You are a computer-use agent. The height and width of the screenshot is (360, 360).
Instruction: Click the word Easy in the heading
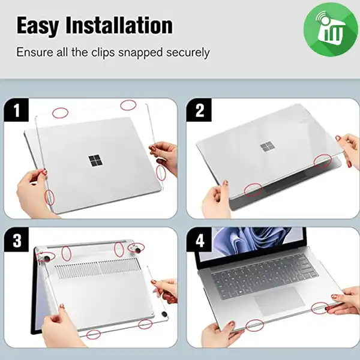coord(38,25)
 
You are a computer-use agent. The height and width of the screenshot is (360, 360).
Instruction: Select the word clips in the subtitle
coord(103,52)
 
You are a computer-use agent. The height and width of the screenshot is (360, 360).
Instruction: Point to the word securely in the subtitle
coord(188,53)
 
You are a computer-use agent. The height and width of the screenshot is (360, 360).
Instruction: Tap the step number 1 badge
coord(16,110)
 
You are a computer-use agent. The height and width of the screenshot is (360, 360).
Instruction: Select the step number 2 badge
coord(199,110)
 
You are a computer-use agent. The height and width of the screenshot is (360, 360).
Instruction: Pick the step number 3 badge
coord(16,239)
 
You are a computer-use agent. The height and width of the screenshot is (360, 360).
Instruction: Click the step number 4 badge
coord(199,239)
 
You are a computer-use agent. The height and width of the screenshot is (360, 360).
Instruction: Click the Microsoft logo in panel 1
coord(95,161)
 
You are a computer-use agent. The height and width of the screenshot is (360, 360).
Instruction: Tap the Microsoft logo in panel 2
coord(268,146)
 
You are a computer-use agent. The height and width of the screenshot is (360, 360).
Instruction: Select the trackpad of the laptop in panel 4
coord(280,301)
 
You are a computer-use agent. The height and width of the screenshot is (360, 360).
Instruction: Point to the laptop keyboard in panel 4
coord(264,275)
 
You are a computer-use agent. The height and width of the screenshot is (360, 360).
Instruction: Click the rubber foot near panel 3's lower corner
coord(164,314)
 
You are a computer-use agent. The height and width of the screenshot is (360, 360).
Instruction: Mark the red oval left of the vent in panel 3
coord(67,253)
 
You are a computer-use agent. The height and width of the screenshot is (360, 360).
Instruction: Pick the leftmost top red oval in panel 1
coord(60,113)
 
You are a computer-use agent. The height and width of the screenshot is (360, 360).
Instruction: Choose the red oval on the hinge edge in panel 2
coord(323,161)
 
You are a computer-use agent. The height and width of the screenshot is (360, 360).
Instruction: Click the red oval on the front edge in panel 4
coord(254,326)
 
